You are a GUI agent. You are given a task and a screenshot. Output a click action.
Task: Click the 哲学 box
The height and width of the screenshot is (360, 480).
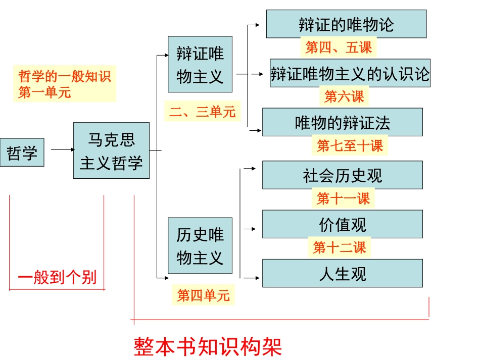tap(22, 152)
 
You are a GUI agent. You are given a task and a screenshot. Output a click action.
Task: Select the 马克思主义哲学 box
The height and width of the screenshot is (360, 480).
tap(111, 150)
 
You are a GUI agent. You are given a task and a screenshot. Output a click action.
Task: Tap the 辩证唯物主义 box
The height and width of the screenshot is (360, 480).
tap(200, 64)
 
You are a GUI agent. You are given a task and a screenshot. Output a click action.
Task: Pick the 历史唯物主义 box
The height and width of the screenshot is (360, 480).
tap(200, 246)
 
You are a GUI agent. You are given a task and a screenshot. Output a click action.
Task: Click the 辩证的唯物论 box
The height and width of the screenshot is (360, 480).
tap(346, 24)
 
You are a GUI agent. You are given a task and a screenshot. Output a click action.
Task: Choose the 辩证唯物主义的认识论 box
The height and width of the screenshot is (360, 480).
tap(350, 73)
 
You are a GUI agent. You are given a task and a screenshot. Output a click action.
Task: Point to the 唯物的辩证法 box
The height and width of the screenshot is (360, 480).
tap(342, 122)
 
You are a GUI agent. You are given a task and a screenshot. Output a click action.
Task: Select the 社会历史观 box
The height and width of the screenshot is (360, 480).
tap(342, 175)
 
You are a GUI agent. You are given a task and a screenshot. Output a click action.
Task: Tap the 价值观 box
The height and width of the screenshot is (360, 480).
tap(342, 224)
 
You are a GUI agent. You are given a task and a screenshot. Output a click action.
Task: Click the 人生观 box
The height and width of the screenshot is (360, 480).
tap(342, 273)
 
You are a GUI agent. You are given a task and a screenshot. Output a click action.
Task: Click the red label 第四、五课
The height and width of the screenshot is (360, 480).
tap(339, 47)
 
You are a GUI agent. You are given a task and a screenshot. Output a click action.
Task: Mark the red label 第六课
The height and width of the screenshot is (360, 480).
tap(344, 95)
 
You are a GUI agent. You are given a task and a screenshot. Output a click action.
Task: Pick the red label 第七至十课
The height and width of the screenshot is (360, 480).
tap(350, 146)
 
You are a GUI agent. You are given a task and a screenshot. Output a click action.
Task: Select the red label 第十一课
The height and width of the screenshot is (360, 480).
tap(343, 198)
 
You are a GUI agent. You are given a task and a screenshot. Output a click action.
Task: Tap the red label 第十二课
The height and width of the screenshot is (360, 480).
tap(339, 247)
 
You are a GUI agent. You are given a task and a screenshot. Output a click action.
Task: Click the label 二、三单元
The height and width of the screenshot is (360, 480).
tap(202, 112)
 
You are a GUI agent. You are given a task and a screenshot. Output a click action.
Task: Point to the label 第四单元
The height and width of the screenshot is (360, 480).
tap(203, 295)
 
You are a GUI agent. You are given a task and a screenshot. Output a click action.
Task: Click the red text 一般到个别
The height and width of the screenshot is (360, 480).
tap(57, 277)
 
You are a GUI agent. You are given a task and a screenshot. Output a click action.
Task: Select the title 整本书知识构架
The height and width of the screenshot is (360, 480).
tap(208, 346)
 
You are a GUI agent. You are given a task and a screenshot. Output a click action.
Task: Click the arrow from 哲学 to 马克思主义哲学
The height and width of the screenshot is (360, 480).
tap(62, 149)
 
